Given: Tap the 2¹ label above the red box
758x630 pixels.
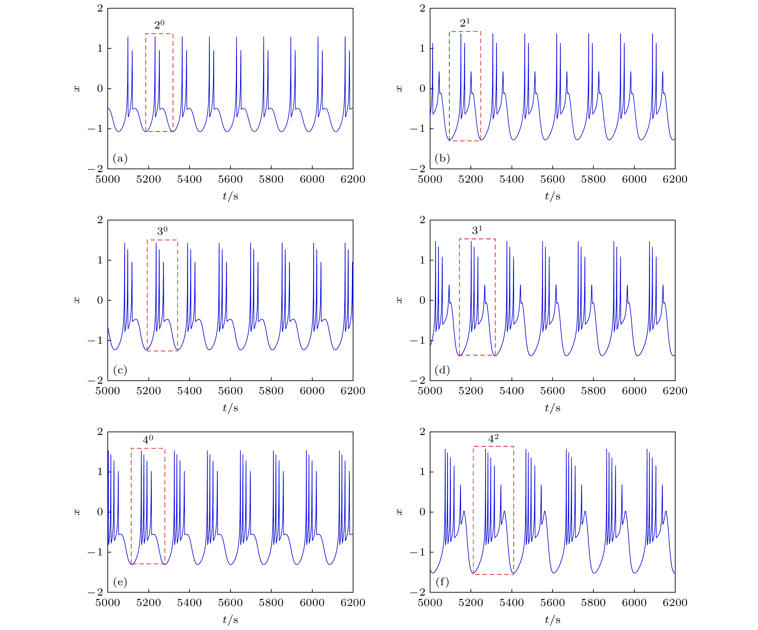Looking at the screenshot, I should (465, 23).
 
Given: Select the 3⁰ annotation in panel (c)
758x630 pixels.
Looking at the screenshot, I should (162, 231).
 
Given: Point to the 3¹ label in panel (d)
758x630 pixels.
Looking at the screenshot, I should (477, 230).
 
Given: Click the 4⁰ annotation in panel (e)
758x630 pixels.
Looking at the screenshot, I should (148, 439).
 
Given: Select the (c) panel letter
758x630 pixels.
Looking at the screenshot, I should (120, 370).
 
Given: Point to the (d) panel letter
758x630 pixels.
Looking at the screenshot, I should (442, 370).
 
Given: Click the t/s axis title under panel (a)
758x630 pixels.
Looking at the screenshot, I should (230, 196).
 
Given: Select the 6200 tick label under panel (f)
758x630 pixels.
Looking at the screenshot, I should (675, 603).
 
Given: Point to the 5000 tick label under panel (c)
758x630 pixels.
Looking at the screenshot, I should (108, 391).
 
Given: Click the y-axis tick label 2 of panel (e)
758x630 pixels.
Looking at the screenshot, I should (100, 432).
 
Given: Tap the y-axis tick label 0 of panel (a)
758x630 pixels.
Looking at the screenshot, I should (100, 88).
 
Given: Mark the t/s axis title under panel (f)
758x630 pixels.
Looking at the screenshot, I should (552, 620).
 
